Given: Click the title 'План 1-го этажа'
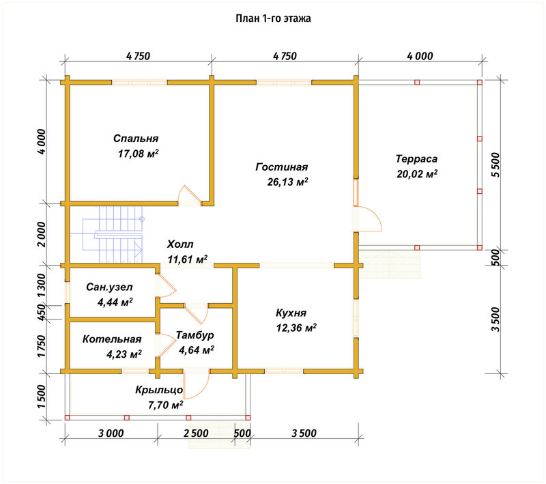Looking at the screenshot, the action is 273,18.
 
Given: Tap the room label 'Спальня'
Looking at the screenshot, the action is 136,139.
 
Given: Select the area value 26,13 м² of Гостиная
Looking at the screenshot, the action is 287,182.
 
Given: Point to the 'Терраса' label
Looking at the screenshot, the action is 416,159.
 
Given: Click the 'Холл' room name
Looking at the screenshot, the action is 180,244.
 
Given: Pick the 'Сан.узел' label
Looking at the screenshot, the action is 109,287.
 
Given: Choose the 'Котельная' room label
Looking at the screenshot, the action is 112,339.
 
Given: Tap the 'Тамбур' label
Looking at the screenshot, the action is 195,335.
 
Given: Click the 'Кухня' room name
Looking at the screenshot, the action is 291,313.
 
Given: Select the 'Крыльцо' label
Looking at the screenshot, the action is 159,390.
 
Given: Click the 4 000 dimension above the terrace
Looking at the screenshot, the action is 420,56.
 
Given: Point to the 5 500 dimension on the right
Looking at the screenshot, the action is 495,165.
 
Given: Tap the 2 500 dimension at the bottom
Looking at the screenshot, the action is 196,433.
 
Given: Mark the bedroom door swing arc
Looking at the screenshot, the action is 189,195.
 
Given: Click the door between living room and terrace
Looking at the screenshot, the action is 369,219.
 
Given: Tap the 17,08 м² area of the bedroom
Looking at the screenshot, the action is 139,154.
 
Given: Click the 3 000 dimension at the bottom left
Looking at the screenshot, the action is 111,433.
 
